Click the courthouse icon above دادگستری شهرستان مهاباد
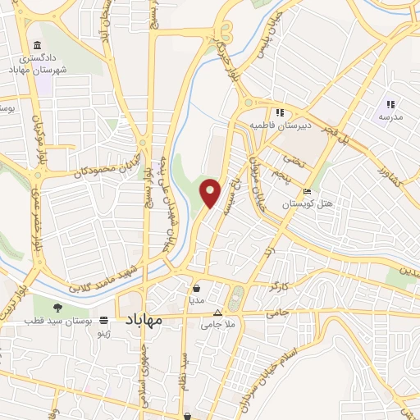coord(36,46)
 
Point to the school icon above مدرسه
coord(390,104)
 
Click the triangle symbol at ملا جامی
coord(217,313)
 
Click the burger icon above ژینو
coord(103,321)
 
